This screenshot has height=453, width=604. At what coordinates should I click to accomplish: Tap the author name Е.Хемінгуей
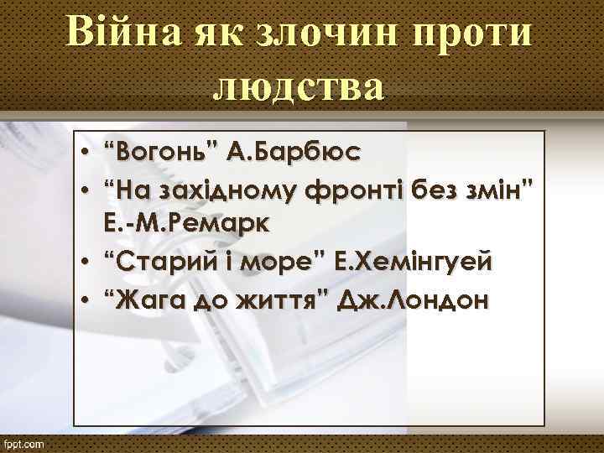coord(408,263)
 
